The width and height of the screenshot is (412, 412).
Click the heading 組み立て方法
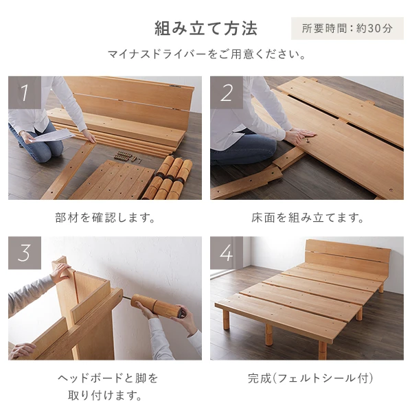click(x=205, y=28)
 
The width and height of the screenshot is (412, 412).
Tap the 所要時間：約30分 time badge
click(x=347, y=29)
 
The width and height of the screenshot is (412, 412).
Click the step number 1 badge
click(x=25, y=92)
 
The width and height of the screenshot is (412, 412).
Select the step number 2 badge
click(x=227, y=92)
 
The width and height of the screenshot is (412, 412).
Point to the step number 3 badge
click(x=25, y=253)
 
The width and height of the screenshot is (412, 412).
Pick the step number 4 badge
click(x=227, y=253)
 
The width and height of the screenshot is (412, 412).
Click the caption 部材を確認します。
click(x=105, y=218)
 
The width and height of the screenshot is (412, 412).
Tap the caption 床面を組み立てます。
click(x=307, y=218)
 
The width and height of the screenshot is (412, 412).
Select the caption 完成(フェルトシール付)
click(x=306, y=378)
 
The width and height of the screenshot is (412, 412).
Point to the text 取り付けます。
click(x=105, y=395)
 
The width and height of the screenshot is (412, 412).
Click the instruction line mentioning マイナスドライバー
click(x=206, y=54)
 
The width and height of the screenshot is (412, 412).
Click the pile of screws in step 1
click(x=124, y=155)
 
